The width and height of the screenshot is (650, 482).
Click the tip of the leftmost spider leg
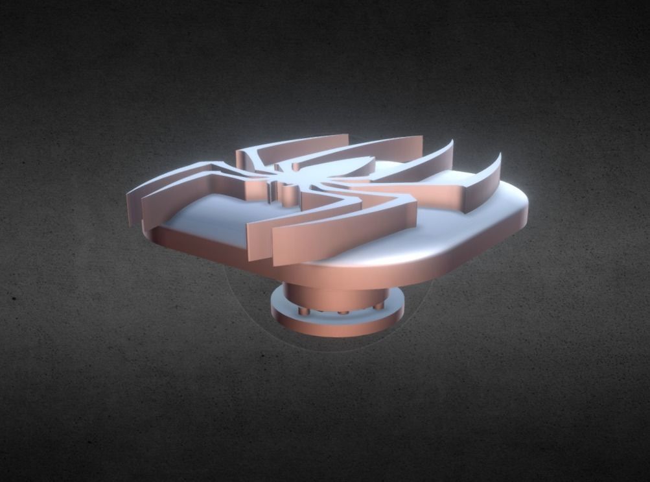tap(130, 195)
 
